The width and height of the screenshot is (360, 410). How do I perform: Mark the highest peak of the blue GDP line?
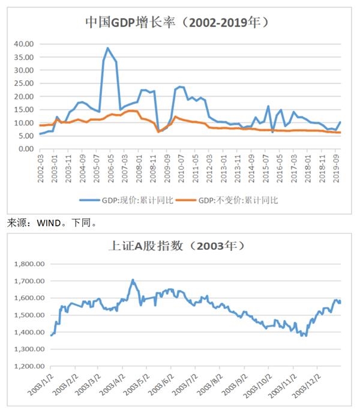(108, 48)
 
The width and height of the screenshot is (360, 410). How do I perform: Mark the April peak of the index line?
(133, 280)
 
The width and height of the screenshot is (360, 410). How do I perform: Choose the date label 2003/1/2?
(44, 384)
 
